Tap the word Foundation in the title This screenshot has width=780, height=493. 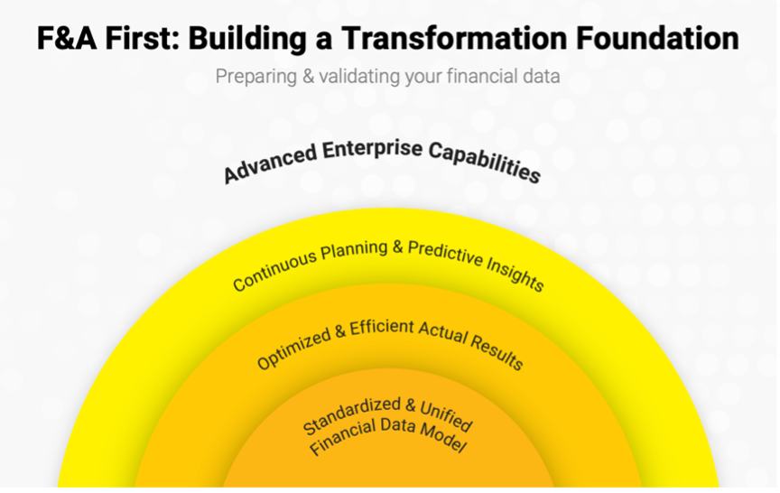click(657, 38)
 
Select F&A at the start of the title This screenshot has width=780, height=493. click(67, 38)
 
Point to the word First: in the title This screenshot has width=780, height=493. click(143, 38)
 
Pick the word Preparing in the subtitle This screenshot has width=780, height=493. click(256, 77)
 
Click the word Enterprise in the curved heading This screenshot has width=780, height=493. click(372, 149)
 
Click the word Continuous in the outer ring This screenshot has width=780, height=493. click(275, 270)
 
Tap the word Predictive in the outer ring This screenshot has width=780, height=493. click(445, 254)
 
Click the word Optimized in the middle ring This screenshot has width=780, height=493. click(294, 349)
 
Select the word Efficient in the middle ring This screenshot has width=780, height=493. click(382, 328)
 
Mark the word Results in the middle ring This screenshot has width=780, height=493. click(497, 353)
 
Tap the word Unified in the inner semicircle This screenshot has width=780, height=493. click(446, 415)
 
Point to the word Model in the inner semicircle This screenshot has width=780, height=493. click(442, 437)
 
